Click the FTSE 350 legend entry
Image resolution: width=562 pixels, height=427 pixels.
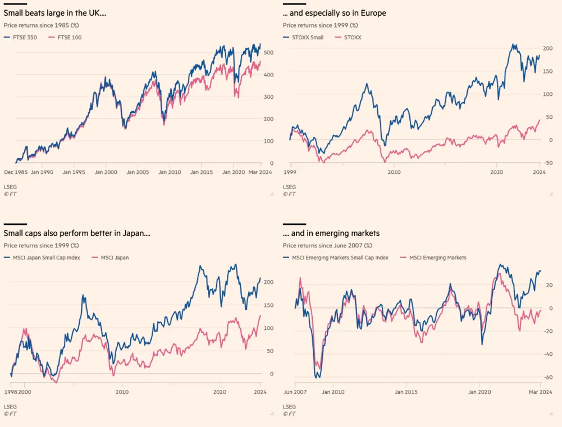(x=20, y=37)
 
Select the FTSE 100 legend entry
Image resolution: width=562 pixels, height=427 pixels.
(x=65, y=37)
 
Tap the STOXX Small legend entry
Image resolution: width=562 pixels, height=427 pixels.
(x=303, y=37)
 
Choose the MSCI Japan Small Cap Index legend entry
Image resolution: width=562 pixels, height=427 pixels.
(x=42, y=258)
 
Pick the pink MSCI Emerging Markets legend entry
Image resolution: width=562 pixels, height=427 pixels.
(x=433, y=258)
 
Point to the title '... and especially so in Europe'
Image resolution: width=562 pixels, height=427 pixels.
(x=335, y=13)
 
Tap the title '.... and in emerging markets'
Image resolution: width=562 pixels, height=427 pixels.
(x=331, y=233)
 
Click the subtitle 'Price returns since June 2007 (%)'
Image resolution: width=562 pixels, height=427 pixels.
(x=327, y=245)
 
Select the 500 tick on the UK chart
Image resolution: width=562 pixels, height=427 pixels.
(x=268, y=52)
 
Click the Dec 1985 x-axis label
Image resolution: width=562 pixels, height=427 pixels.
(x=16, y=172)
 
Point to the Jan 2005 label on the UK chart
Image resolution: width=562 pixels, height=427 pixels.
(x=138, y=172)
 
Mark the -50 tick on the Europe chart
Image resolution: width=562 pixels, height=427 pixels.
(x=548, y=163)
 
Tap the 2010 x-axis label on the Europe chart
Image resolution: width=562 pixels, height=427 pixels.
(x=394, y=172)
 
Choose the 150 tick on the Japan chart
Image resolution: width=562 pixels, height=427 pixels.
(x=268, y=305)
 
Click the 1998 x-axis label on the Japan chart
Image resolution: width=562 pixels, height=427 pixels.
(x=11, y=392)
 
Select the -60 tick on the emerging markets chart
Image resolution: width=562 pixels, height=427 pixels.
(x=548, y=377)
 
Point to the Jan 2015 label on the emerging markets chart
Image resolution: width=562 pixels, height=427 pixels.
(x=406, y=392)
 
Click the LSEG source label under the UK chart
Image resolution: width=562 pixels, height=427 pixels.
(x=10, y=187)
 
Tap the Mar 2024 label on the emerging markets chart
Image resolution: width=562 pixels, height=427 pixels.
(x=541, y=392)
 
